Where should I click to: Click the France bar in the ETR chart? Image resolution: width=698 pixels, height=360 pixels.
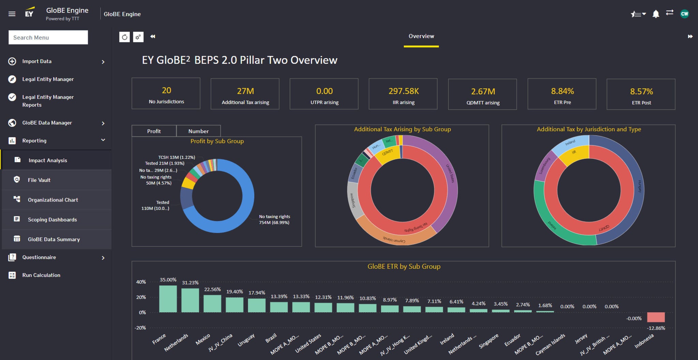tap(168, 299)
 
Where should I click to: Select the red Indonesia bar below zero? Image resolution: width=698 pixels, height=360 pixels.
tap(656, 317)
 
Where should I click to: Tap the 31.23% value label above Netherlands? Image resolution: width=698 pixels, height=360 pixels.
tap(190, 283)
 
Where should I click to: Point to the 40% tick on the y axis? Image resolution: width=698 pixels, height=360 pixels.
tap(141, 282)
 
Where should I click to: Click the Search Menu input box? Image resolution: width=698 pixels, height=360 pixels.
tap(48, 37)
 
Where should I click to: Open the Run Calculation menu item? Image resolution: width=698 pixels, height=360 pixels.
tap(41, 275)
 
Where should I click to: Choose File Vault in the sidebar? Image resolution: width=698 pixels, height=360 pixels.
tap(39, 180)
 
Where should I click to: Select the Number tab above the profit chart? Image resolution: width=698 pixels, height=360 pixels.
tap(198, 131)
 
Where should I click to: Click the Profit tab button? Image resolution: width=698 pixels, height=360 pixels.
tap(154, 131)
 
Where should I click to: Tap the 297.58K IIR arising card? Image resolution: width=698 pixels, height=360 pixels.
tap(403, 94)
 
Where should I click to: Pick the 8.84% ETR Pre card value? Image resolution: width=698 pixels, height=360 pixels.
tap(562, 91)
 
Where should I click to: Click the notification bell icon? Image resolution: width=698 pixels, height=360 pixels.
tap(655, 14)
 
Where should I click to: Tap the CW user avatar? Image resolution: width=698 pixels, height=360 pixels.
tap(684, 14)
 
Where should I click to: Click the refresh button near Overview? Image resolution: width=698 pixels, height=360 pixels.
tap(124, 37)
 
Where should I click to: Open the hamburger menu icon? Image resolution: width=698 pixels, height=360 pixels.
tap(12, 14)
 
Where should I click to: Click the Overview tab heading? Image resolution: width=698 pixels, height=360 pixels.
tap(421, 36)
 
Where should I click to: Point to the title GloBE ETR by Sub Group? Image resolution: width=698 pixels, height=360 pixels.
tap(404, 266)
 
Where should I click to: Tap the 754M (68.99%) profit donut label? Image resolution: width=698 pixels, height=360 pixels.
tap(274, 223)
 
